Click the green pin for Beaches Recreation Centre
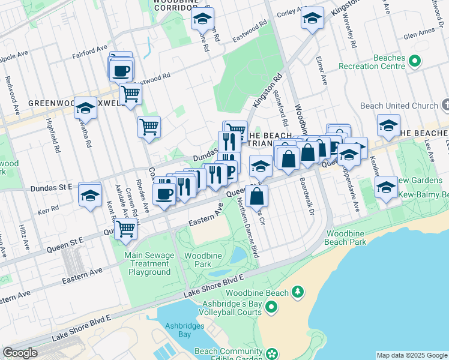(x=414, y=61)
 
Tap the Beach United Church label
(x=399, y=106)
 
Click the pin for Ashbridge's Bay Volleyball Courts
(x=271, y=308)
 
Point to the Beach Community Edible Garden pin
(x=272, y=353)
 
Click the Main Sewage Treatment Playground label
(x=149, y=263)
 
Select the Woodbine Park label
(x=204, y=260)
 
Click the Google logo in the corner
(x=20, y=353)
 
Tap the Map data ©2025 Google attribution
(x=411, y=355)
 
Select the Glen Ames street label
(x=418, y=35)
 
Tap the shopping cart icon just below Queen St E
(x=125, y=228)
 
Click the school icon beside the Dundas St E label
(x=90, y=195)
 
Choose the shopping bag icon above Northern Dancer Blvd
(x=256, y=195)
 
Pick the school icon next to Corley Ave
(x=312, y=19)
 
